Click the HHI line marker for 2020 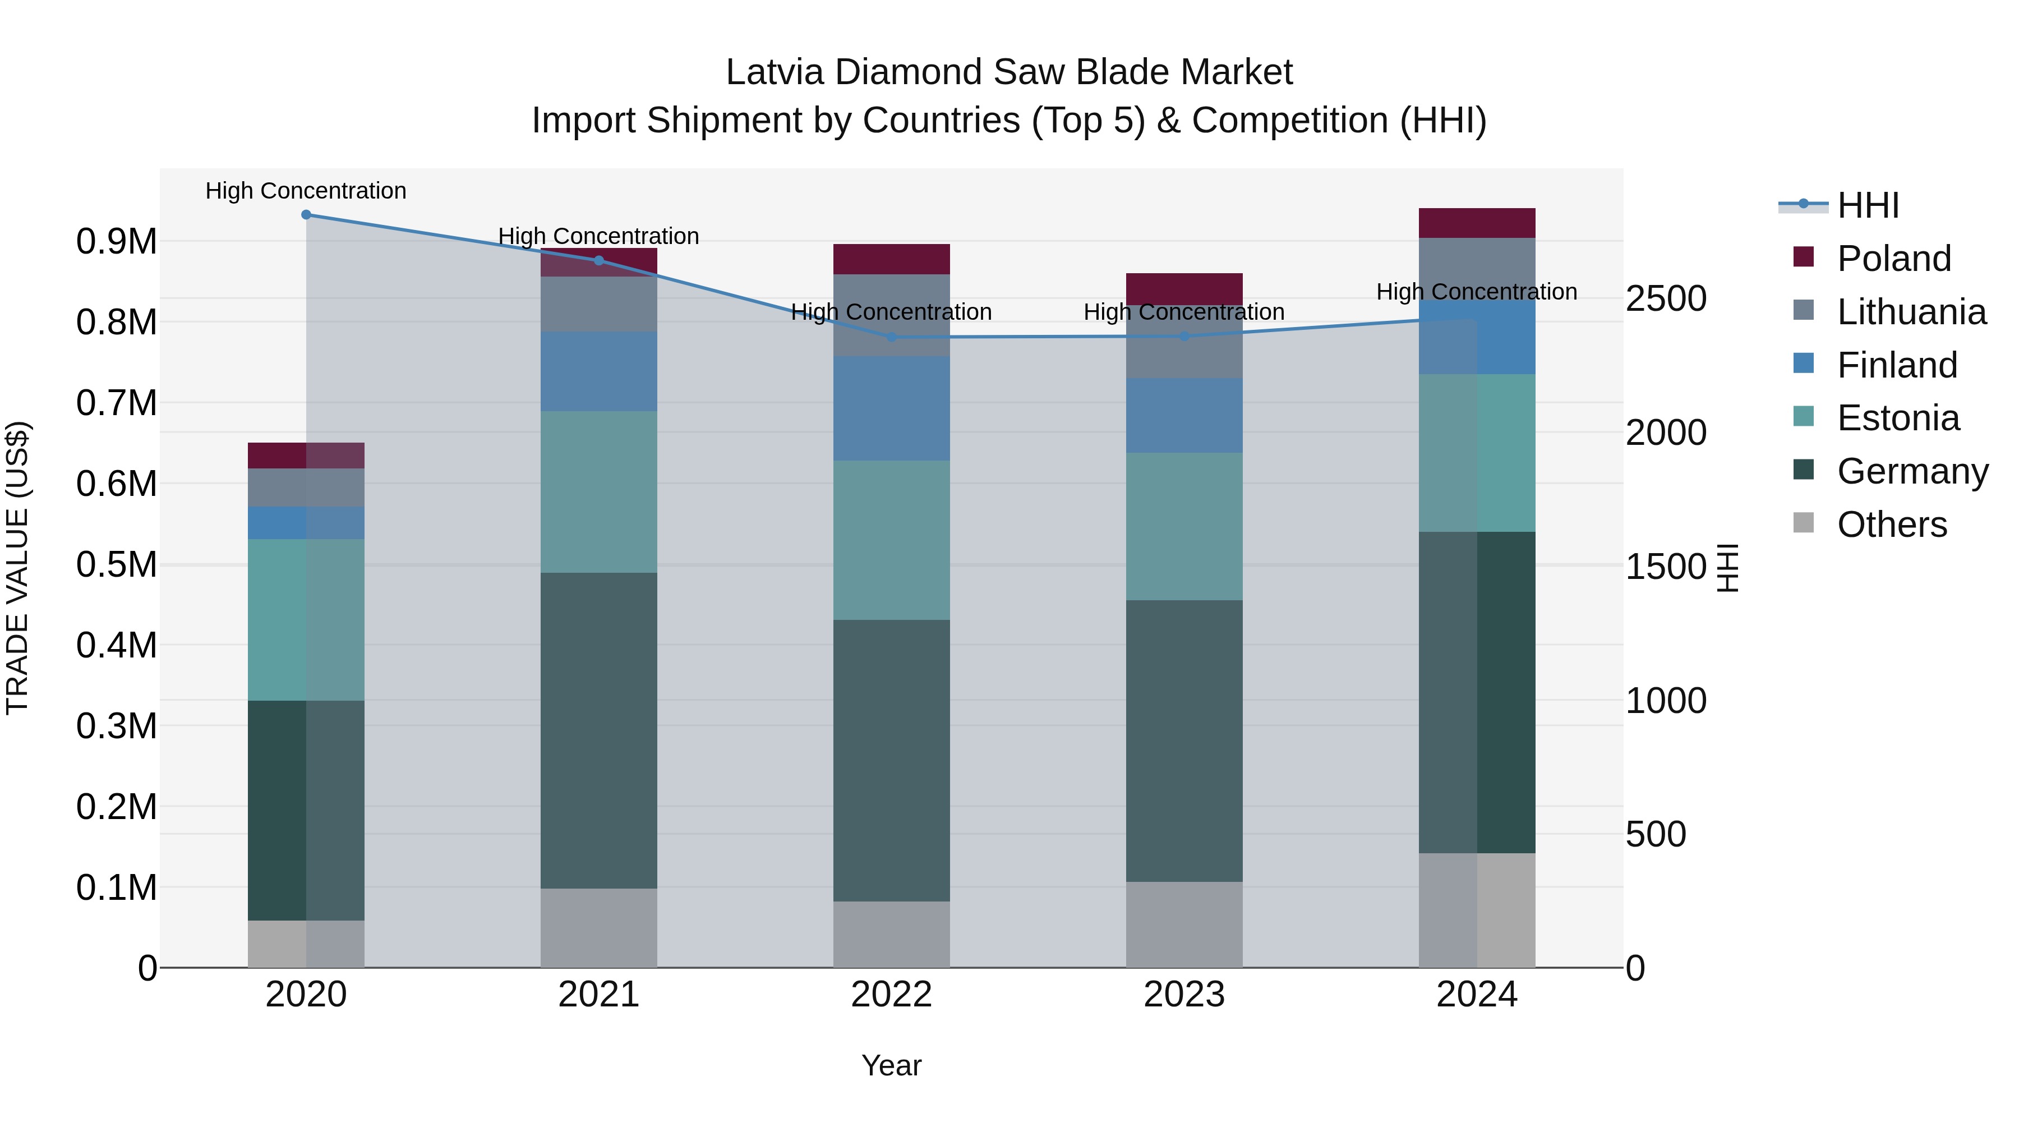click(x=306, y=215)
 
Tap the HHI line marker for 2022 click(x=891, y=337)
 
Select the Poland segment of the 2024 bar click(x=1477, y=223)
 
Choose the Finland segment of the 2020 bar click(x=306, y=523)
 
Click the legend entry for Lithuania click(x=1911, y=312)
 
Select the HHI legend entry click(x=1867, y=205)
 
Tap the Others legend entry click(x=1891, y=525)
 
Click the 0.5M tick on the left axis click(x=116, y=564)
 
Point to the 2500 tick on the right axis click(x=1666, y=298)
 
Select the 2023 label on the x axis click(x=1184, y=995)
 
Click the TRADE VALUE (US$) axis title click(x=17, y=568)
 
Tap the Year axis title click(x=891, y=1065)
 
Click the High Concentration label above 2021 click(x=599, y=236)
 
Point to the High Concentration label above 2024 click(x=1477, y=292)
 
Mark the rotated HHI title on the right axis click(x=1727, y=568)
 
